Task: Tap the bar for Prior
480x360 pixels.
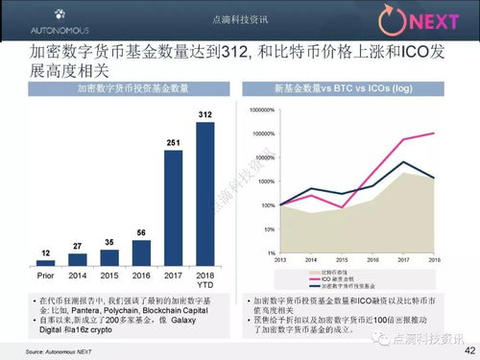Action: point(45,263)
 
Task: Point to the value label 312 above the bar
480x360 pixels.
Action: point(205,114)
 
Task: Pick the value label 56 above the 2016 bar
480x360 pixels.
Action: point(141,232)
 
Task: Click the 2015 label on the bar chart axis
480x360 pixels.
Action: point(109,275)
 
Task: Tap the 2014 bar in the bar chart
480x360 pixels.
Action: point(78,260)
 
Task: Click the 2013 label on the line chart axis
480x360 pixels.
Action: point(281,259)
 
